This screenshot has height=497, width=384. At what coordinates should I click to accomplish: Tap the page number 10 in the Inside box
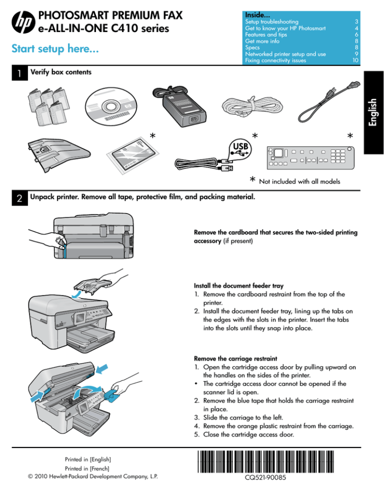click(x=354, y=60)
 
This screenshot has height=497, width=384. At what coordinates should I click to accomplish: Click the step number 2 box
click(x=18, y=198)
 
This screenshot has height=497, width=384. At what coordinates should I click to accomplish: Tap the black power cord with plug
click(x=320, y=106)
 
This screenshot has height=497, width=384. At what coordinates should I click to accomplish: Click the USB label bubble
click(x=238, y=147)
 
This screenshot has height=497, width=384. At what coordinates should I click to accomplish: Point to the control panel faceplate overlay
click(x=309, y=157)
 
